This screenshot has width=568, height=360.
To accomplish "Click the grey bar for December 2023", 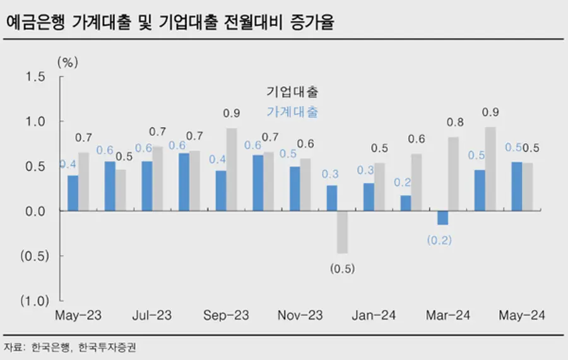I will point(342,232).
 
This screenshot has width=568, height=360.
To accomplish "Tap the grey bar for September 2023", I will point(232,169).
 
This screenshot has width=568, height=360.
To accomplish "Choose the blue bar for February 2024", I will point(406,203).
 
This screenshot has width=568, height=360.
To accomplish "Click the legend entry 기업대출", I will point(292,92).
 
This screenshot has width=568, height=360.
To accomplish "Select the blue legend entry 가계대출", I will point(292,112).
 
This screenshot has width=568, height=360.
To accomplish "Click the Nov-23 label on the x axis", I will point(300,315).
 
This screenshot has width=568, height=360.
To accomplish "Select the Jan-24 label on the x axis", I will point(374,315).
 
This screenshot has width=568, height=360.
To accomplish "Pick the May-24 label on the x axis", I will point(522,315).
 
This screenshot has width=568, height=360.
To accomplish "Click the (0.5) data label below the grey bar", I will point(342,268).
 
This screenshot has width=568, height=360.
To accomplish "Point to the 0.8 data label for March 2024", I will point(454,123).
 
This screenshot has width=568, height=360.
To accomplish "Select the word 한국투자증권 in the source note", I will point(107,347).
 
